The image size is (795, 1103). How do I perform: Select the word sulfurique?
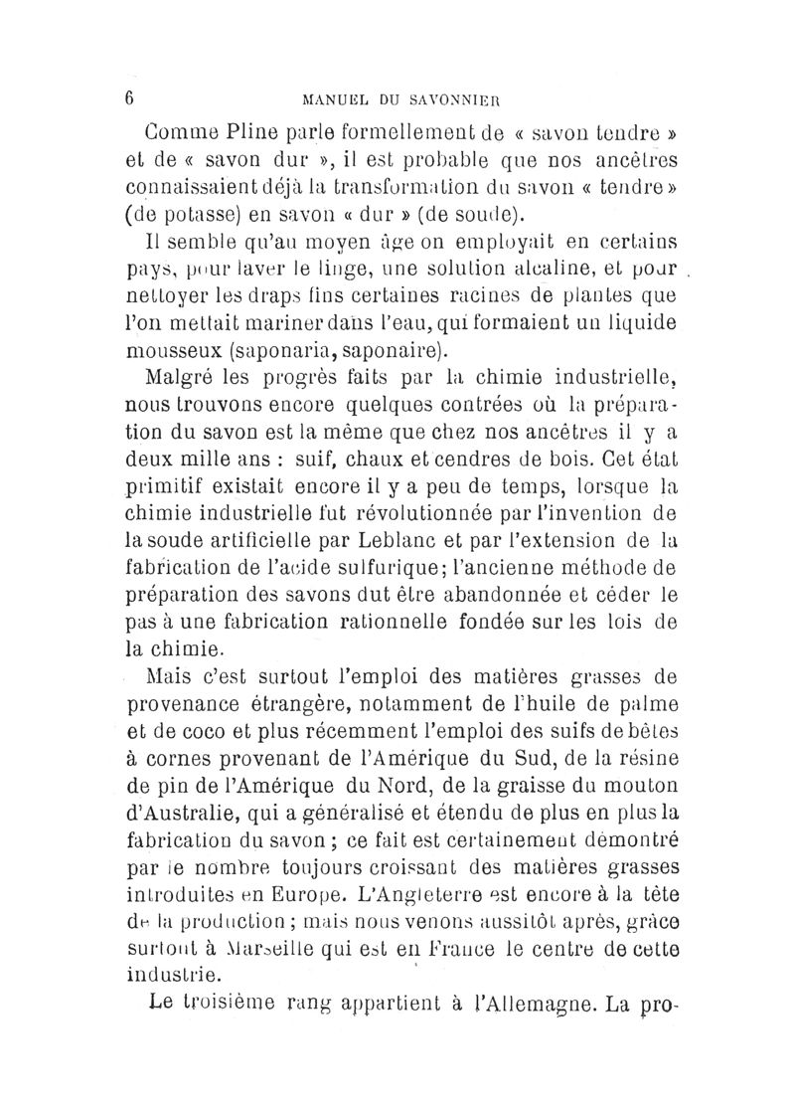376,570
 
